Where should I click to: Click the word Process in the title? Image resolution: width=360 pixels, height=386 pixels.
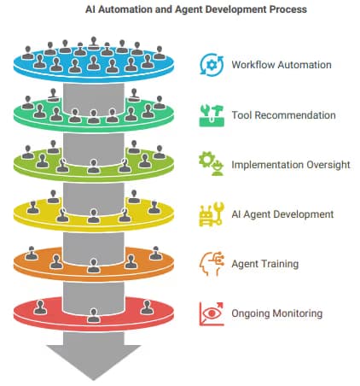coord(287,9)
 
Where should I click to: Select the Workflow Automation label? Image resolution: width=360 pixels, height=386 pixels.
coord(282,65)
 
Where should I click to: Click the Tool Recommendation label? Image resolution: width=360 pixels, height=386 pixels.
coord(283,115)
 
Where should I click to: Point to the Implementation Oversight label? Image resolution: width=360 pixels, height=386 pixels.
coord(291,165)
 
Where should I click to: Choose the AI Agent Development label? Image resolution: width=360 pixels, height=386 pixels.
coord(282,214)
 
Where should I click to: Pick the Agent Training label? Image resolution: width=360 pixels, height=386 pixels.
coord(265,264)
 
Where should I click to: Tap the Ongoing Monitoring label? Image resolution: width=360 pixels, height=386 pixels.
coord(277,313)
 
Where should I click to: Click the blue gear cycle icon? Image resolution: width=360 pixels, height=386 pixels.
coord(212,65)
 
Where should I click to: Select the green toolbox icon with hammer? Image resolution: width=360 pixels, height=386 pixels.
coord(212,115)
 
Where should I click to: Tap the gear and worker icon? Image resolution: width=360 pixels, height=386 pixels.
coord(212,164)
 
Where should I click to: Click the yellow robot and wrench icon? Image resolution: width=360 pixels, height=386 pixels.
coord(212,214)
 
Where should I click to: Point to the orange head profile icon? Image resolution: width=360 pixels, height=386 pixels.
coord(212,264)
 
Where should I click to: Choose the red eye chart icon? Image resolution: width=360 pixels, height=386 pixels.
coord(212,313)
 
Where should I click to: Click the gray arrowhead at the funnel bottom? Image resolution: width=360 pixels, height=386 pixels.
coord(94,362)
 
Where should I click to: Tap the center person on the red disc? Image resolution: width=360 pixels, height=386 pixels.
coord(94,315)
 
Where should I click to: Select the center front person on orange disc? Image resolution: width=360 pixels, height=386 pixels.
coord(94,266)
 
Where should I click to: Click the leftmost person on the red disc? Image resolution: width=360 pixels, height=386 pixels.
coord(40,307)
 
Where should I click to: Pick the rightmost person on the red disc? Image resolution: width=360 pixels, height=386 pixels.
coord(147,307)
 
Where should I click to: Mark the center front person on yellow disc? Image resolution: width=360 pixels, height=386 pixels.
coord(94,216)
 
